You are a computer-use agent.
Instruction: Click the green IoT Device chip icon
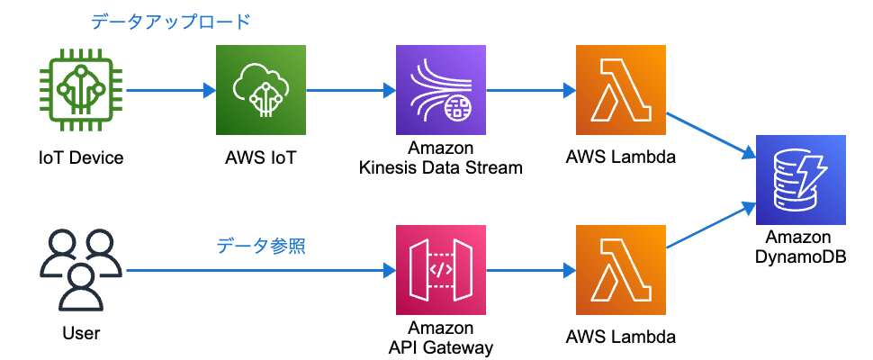81,90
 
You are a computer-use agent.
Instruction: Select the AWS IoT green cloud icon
261,90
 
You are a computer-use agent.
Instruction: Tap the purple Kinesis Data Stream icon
441,90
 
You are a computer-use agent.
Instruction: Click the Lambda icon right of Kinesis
621,90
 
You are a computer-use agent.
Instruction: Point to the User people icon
81,267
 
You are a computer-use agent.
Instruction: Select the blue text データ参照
261,245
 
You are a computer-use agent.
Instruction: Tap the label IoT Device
81,158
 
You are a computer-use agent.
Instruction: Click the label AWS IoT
261,158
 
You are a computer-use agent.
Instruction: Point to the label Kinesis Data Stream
441,166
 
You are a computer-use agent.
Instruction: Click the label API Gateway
441,346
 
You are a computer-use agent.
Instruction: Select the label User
81,334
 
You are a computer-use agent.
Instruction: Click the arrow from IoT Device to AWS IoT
171,90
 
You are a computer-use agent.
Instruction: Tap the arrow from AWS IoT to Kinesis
351,90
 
